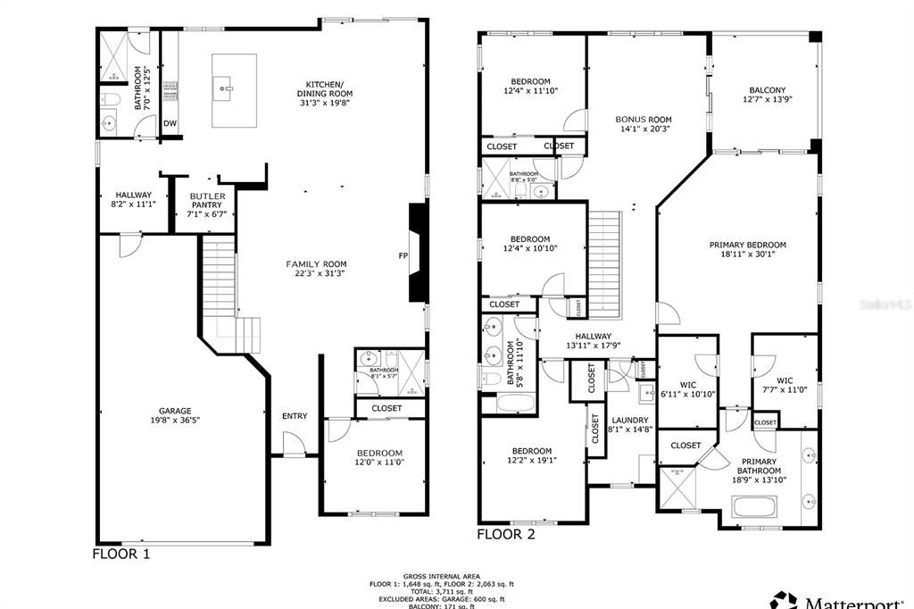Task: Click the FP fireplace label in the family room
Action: coord(403,256)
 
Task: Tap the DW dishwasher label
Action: coord(170,123)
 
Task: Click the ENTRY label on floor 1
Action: coord(295,416)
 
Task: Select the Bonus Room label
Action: coord(643,119)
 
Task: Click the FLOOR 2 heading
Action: coord(505,534)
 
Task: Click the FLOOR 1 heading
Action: coord(121,554)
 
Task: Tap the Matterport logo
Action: coord(839,598)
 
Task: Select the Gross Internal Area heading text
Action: coord(441,576)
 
